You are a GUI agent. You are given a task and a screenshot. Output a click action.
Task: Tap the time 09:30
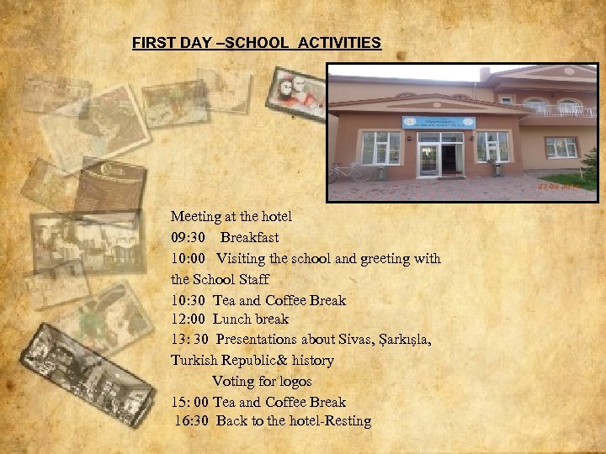[x=189, y=237]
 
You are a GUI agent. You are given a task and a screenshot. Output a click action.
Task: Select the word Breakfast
[x=249, y=237]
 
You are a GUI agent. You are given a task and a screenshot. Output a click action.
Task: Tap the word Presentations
[x=256, y=339]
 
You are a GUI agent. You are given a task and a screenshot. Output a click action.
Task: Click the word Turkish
[x=194, y=360]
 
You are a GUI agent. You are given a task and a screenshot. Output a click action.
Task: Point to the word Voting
[x=233, y=381]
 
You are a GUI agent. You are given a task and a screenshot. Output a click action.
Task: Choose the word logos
[x=293, y=382]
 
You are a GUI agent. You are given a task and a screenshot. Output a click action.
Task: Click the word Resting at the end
[x=347, y=421]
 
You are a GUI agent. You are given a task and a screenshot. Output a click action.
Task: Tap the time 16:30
[x=193, y=420]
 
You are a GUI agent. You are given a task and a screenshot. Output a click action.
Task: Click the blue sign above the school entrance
[x=438, y=123]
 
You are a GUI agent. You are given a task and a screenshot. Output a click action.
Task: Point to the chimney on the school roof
[x=485, y=75]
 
